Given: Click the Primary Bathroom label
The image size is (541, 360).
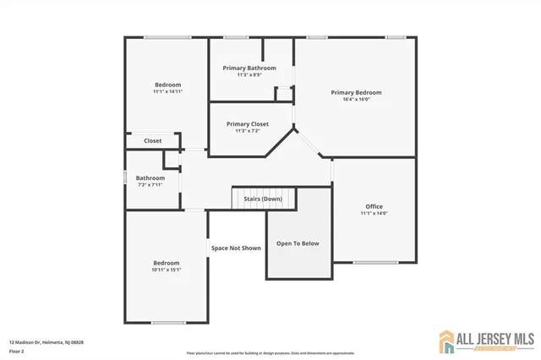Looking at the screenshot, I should [249, 68].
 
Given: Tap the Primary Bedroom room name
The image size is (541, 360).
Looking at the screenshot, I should [356, 92].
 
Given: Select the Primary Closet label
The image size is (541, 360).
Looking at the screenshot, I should [248, 123].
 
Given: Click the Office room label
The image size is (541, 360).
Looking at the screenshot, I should [374, 206].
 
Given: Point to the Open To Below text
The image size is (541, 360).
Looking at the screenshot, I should [298, 243].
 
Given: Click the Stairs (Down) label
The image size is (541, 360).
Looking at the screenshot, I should [263, 199].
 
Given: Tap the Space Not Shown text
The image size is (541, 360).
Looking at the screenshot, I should [236, 248].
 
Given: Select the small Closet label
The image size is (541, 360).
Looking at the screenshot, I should [152, 141].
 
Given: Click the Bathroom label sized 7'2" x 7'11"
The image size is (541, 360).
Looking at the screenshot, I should [150, 177].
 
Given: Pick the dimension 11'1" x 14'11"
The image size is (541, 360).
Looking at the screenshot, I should [167, 91].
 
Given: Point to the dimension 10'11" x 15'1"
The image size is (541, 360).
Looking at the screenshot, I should [166, 270].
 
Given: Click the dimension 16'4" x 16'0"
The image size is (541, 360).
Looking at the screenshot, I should [356, 100].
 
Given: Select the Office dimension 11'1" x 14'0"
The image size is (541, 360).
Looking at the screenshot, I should [374, 214].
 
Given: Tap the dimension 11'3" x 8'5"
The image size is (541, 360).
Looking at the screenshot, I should [249, 74].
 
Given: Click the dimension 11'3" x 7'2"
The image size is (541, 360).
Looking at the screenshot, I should [248, 131].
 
